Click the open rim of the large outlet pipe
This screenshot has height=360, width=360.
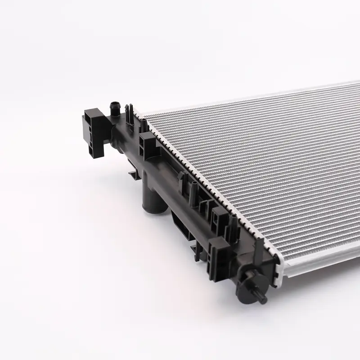coord(148,209)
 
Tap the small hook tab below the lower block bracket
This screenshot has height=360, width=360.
coord(196,247)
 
